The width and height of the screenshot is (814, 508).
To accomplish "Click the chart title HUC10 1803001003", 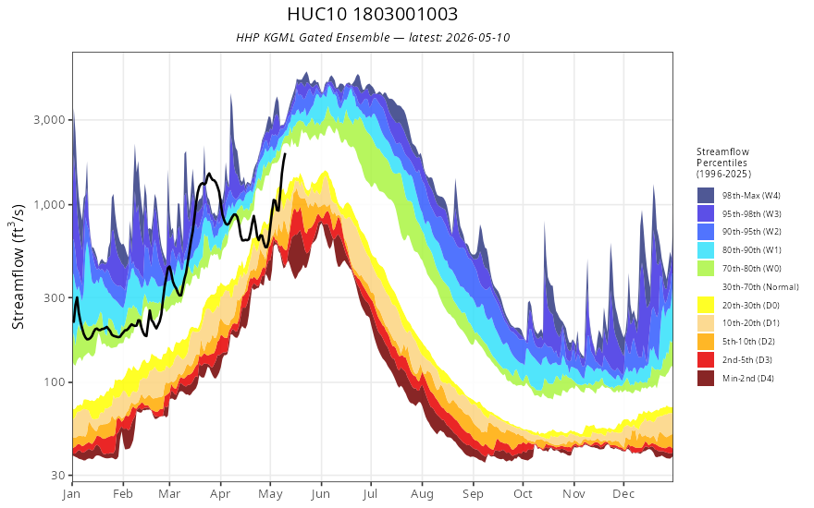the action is tap(372, 14).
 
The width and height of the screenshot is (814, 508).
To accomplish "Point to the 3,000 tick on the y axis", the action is tap(50, 120).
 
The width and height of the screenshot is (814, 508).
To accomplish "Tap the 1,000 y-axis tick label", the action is tap(50, 205).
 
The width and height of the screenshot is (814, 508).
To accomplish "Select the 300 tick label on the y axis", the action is tap(55, 297).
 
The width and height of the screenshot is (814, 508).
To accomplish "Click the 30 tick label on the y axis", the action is tap(60, 476).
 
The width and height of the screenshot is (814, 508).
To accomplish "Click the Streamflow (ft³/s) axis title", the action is tap(18, 266).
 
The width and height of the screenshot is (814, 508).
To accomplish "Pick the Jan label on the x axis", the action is tap(71, 494).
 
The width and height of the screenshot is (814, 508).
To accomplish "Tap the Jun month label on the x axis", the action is tap(321, 494).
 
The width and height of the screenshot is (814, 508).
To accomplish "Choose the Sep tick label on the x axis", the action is tap(473, 494).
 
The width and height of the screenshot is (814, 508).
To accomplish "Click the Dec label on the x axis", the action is tap(623, 494).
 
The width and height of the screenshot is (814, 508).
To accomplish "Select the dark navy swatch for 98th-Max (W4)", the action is tap(706, 196).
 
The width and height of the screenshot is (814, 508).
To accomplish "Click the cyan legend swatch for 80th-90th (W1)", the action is tap(706, 250).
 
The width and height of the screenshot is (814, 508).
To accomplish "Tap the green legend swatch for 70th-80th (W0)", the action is tap(706, 269).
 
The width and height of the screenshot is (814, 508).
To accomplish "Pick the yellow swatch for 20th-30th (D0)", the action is tap(706, 306).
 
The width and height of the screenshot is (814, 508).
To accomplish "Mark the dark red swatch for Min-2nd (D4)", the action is tap(706, 379).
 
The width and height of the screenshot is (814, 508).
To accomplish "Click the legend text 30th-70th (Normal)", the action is tap(760, 286).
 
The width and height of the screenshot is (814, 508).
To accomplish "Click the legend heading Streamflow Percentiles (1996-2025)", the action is tap(723, 163).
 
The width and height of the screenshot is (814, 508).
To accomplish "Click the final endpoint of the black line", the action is tap(285, 153).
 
